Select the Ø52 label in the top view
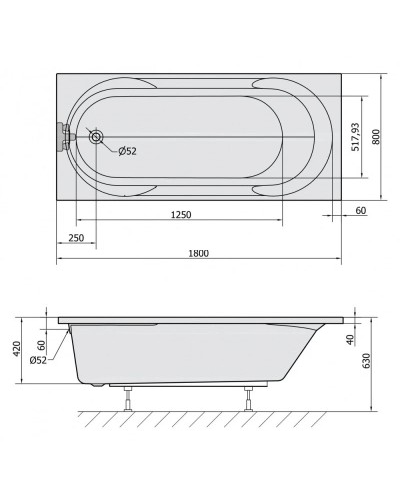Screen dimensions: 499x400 (x=127, y=151)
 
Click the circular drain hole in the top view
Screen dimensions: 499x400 (x=98, y=137)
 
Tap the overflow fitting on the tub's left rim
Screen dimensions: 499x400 (x=65, y=134)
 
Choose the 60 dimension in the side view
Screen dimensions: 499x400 (x=41, y=344)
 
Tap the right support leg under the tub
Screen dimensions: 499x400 (x=245, y=401)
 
